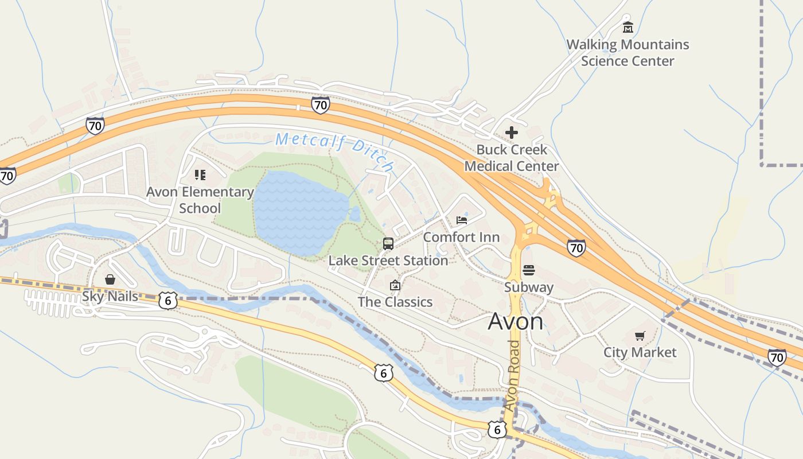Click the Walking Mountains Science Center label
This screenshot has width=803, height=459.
[627, 53]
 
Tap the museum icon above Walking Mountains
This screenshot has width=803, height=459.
[627, 27]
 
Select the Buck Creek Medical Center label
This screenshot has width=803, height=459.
[511, 158]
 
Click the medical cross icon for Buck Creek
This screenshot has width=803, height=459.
[511, 133]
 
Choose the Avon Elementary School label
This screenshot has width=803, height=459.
[200, 200]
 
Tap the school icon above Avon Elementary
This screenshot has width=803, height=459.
[200, 174]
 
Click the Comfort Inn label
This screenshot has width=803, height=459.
[461, 237]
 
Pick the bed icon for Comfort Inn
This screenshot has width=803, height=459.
[461, 220]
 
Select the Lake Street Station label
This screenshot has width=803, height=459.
[388, 260]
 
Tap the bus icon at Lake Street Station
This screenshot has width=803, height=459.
[388, 243]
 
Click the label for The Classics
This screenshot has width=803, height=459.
[395, 302]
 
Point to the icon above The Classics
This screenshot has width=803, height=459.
[395, 285]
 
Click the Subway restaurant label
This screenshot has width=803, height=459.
[529, 287]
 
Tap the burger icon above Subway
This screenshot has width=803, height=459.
[529, 270]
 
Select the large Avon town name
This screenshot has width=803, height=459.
[515, 322]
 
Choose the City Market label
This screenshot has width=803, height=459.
[640, 352]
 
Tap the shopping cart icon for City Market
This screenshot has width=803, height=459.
[640, 336]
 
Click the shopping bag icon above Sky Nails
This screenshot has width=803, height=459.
[110, 279]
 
